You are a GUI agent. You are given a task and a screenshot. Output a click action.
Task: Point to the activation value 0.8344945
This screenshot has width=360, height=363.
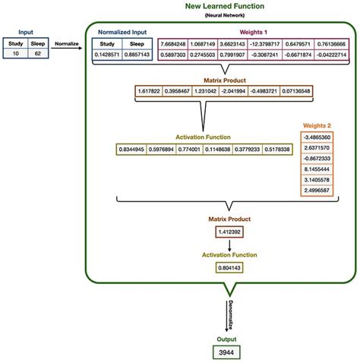(134, 149)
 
